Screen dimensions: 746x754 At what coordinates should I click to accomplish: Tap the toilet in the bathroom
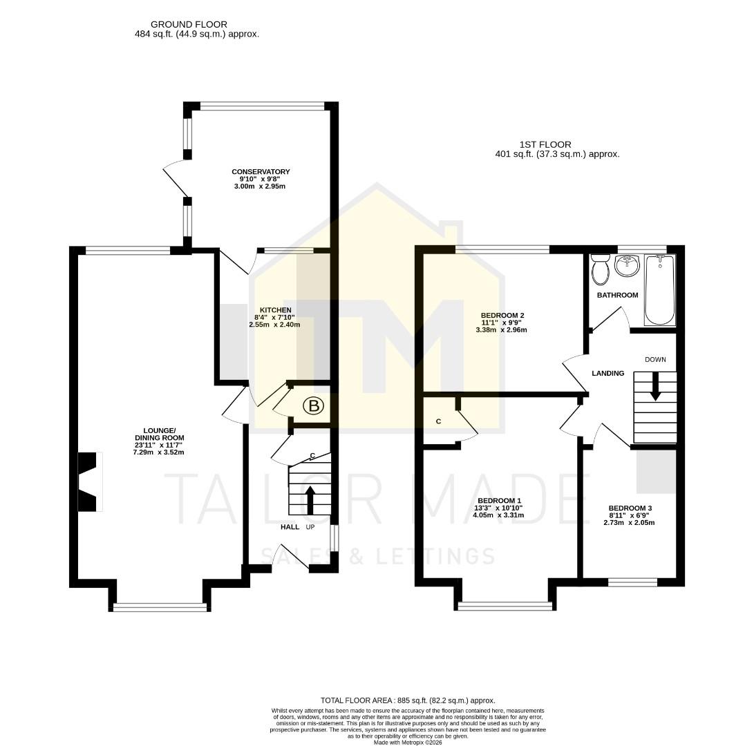(x=599, y=269)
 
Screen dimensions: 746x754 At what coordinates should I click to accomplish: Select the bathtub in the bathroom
(x=659, y=289)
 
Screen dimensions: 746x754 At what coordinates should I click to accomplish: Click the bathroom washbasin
(x=628, y=265)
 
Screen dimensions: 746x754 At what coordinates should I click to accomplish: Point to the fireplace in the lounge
(x=88, y=482)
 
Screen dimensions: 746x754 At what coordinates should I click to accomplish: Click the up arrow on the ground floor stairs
(x=309, y=499)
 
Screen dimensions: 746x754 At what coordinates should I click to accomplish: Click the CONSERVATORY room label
(x=261, y=172)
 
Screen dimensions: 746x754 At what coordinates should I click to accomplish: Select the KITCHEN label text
(x=275, y=310)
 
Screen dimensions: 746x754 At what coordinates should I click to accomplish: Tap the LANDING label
(x=607, y=374)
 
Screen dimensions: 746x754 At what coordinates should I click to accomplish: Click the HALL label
(x=290, y=527)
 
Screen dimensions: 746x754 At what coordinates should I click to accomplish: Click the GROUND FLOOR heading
(x=179, y=24)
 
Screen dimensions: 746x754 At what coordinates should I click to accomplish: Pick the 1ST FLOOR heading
(x=545, y=144)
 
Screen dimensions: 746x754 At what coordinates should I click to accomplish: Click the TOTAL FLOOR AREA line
(x=408, y=700)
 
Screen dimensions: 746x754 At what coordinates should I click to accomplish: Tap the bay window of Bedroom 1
(x=505, y=606)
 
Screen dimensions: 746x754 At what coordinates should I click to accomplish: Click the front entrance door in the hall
(x=291, y=557)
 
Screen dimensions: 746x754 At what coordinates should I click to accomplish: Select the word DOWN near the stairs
(x=655, y=359)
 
